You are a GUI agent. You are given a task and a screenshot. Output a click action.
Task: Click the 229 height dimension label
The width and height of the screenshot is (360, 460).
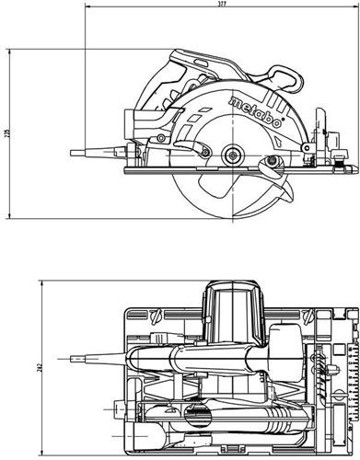[6, 135]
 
